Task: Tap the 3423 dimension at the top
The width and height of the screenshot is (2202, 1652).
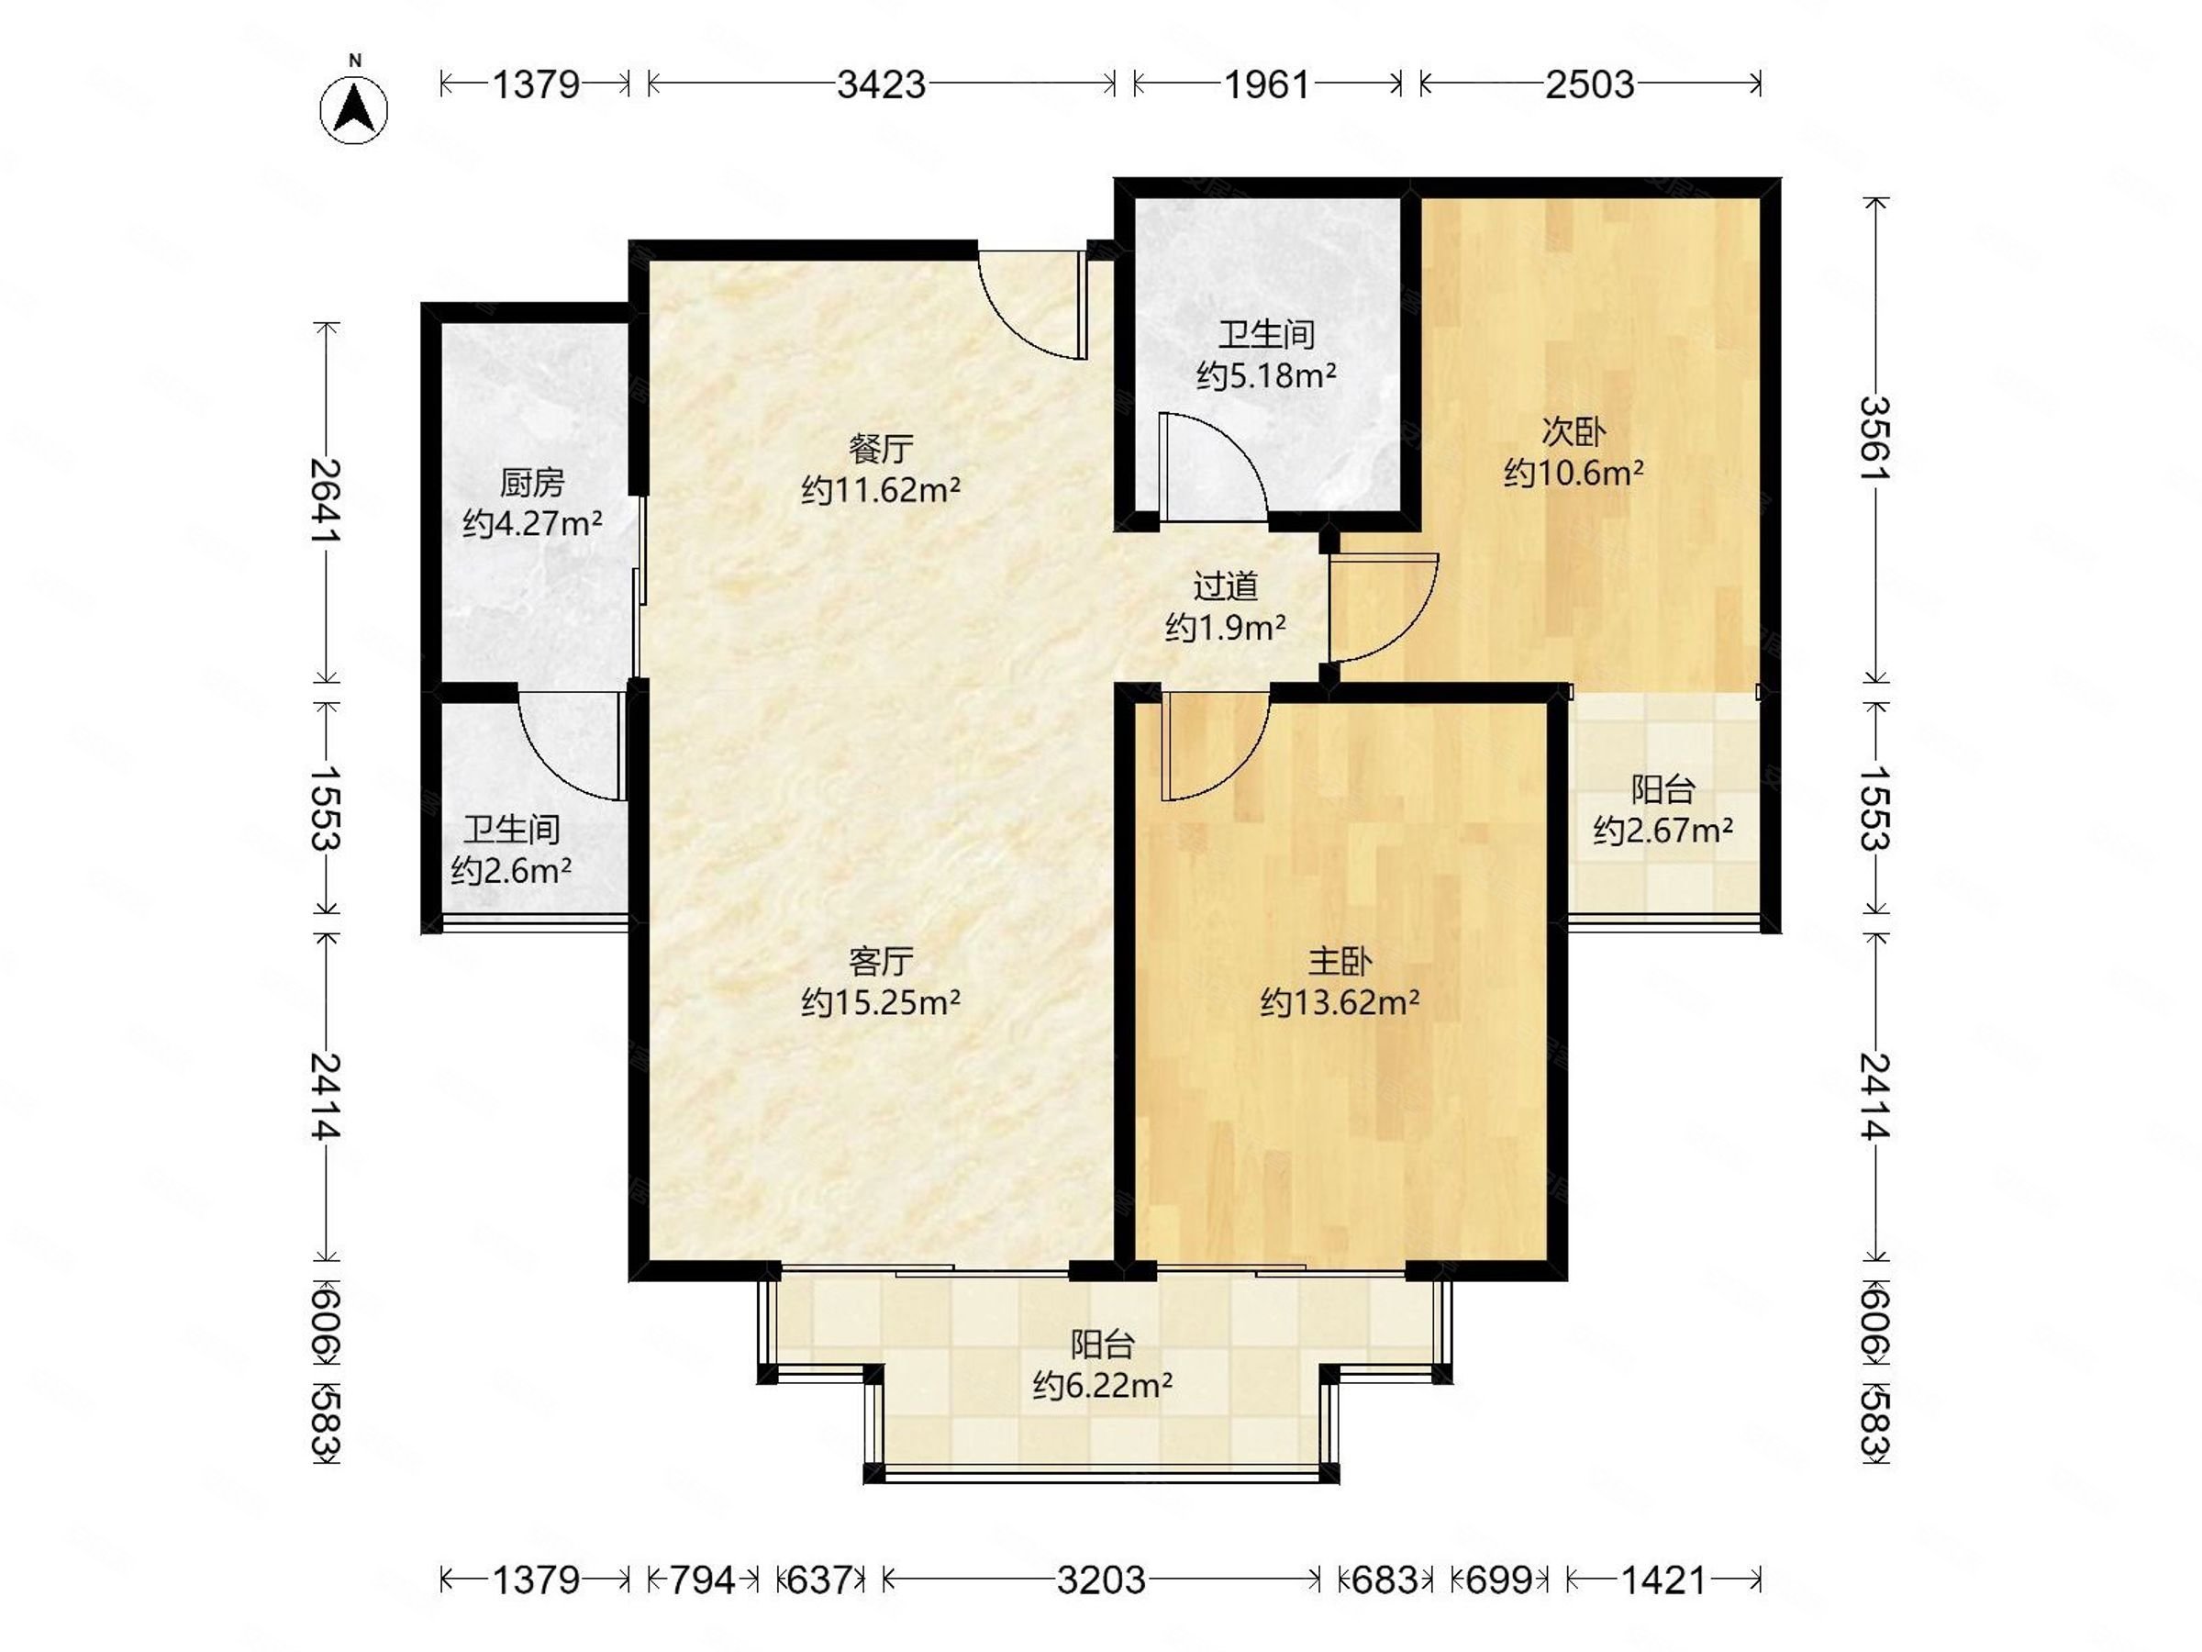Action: (x=881, y=84)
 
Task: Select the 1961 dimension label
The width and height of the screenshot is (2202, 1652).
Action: (x=1267, y=84)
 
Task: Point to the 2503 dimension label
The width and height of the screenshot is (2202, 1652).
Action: (x=1590, y=84)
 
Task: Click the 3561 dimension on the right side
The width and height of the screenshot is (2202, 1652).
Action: (x=1876, y=438)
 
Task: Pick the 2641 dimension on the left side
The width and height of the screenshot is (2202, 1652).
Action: (x=327, y=501)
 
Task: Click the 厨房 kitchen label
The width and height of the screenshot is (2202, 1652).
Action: (x=531, y=483)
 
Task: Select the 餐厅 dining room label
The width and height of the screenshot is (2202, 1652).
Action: (x=881, y=449)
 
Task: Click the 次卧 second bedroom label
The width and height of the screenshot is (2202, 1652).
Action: (x=1574, y=432)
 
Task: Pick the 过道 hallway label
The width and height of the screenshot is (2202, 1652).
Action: (x=1226, y=586)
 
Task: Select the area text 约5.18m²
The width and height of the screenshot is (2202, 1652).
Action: (x=1266, y=375)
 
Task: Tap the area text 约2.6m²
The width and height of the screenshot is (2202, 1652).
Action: (x=511, y=871)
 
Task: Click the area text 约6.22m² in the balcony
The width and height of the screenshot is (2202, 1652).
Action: (x=1102, y=1385)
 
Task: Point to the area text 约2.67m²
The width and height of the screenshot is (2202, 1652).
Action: (x=1663, y=830)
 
